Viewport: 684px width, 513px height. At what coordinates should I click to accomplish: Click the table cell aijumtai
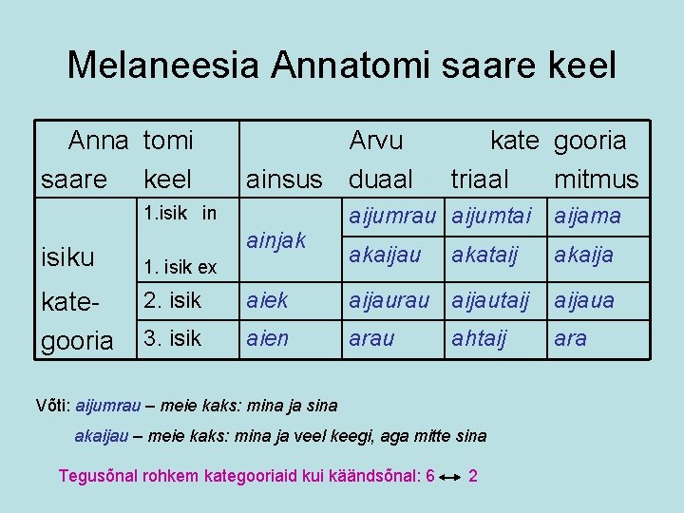point(492,216)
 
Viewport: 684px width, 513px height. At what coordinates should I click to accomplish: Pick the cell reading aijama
point(587,216)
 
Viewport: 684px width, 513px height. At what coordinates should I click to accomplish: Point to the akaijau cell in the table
point(385,255)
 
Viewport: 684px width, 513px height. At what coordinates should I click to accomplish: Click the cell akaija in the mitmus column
point(583,255)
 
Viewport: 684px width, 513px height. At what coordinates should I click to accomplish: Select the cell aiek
point(266,300)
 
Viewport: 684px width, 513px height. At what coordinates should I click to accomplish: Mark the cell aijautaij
point(493,300)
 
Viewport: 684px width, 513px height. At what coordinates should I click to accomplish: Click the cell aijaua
point(584,300)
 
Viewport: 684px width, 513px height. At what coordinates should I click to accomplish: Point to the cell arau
point(372,338)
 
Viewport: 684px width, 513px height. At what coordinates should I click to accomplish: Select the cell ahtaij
point(480,338)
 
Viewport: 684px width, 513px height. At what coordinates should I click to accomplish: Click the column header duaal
point(381,179)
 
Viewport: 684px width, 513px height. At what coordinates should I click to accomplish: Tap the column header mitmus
point(597,179)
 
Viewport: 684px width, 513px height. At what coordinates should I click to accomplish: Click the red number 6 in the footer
point(430,475)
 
